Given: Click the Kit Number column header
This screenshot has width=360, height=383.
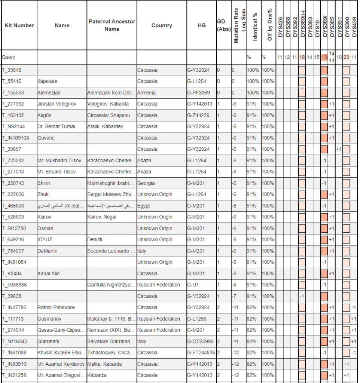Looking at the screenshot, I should (x=19, y=25).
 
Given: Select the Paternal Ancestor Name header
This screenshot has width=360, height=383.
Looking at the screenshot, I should (x=112, y=25).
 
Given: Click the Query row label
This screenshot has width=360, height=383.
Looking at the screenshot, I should (x=9, y=57).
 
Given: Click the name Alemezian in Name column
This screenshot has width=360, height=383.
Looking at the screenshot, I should (x=49, y=93).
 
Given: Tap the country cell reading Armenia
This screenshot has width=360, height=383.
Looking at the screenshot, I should (x=146, y=93).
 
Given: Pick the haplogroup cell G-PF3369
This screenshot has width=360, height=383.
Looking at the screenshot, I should (x=200, y=93).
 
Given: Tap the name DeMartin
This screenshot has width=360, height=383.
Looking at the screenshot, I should (x=48, y=251).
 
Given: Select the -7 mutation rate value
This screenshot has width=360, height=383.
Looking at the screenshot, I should (x=234, y=296).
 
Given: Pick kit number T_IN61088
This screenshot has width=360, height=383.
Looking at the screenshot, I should (x=14, y=352).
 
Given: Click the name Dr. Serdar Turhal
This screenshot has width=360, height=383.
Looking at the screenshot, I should (x=57, y=126).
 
